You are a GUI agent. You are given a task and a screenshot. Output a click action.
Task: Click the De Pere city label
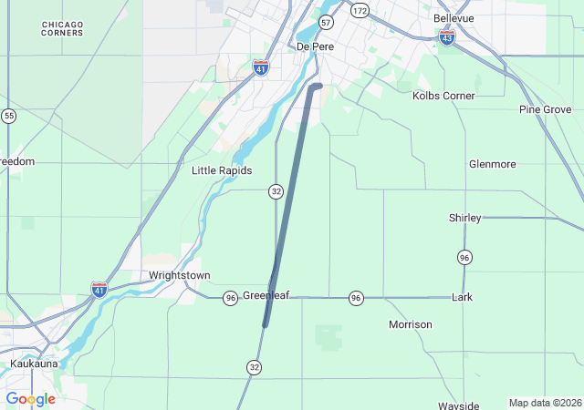(316, 46)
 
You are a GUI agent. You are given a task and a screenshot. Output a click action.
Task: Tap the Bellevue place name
(454, 18)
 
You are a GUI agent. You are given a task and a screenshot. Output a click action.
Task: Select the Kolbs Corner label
(443, 96)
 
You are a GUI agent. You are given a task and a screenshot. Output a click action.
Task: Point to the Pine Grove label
(545, 109)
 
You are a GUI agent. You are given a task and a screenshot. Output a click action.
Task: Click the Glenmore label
(492, 164)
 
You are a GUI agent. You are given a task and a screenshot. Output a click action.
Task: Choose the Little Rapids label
(222, 170)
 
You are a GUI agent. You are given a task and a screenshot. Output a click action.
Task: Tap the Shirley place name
(464, 218)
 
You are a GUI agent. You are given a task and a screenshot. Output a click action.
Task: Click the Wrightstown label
(180, 275)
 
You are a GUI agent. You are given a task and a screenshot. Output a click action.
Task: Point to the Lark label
(462, 297)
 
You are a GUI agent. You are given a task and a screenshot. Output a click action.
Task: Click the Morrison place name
(410, 324)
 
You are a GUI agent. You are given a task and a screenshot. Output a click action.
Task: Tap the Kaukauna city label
(34, 364)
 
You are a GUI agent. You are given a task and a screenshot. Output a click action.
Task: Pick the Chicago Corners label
(62, 28)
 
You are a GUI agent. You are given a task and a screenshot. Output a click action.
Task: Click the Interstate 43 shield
(446, 37)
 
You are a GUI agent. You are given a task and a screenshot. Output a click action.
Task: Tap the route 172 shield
(360, 10)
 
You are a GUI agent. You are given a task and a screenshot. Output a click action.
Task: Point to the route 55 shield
(8, 116)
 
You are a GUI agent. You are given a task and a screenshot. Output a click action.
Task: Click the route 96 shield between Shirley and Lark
(464, 257)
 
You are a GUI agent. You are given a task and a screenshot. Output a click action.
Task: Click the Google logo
(31, 399)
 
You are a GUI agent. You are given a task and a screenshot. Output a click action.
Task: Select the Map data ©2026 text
(544, 403)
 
